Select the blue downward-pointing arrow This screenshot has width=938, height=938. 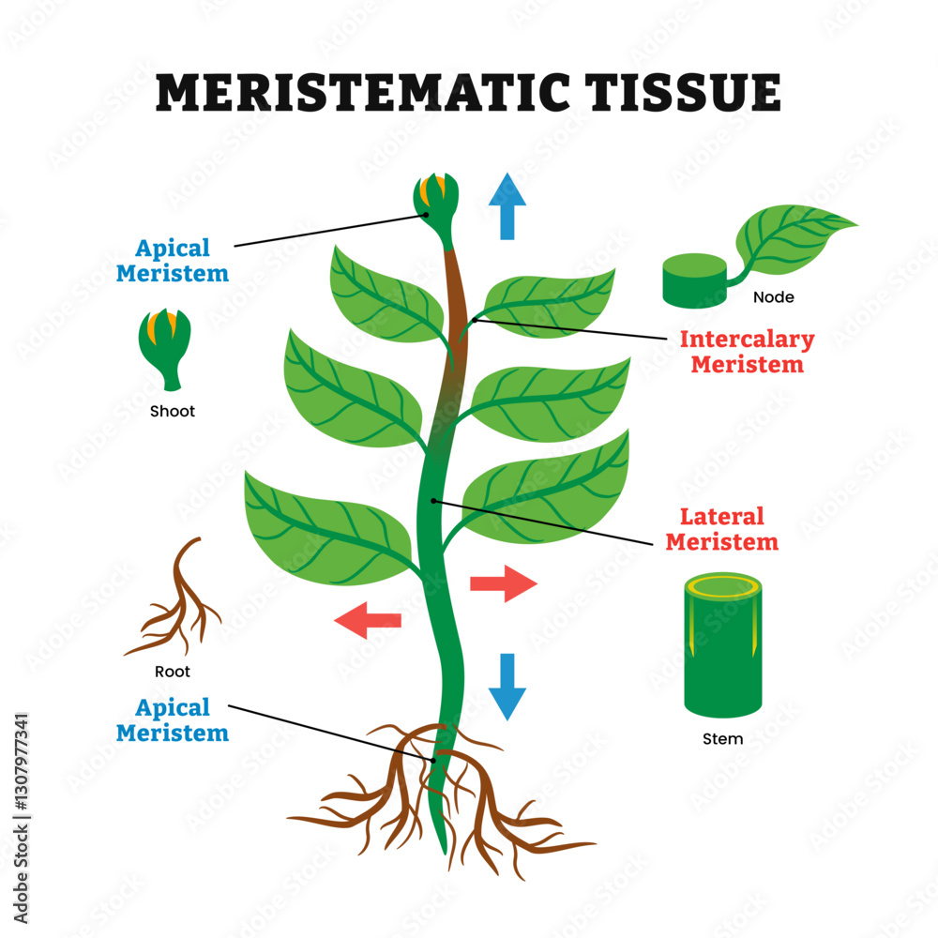tap(507, 686)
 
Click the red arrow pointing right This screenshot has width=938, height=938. tap(503, 583)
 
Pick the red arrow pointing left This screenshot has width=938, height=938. tap(369, 620)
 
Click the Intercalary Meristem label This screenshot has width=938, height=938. tap(747, 352)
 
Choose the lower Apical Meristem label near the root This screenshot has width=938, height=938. tap(173, 719)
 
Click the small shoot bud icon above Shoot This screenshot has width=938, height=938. tap(169, 347)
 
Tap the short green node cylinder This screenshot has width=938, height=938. tap(695, 280)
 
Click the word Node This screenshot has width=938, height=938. tap(774, 297)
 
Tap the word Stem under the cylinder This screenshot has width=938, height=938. tap(722, 739)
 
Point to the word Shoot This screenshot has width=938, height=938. tap(173, 411)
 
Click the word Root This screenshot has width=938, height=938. tap(173, 672)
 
